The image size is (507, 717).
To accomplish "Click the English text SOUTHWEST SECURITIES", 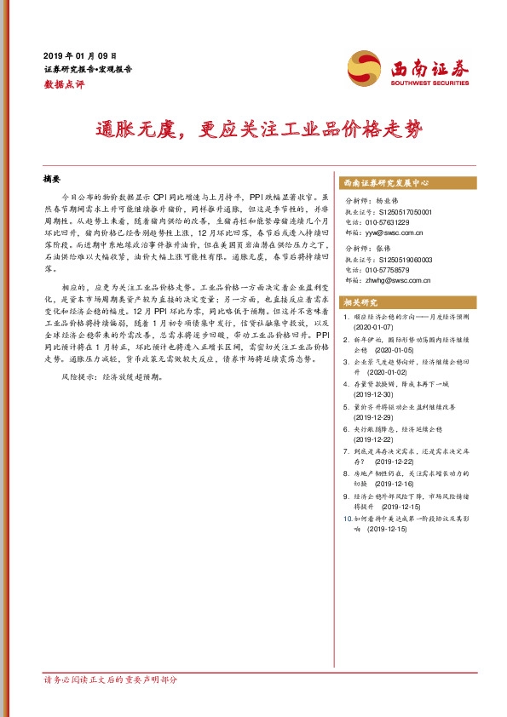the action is pyautogui.click(x=430, y=83).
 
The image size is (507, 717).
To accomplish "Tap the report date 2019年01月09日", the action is pyautogui.click(x=86, y=55).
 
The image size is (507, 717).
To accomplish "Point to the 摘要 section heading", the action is pyautogui.click(x=53, y=181).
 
